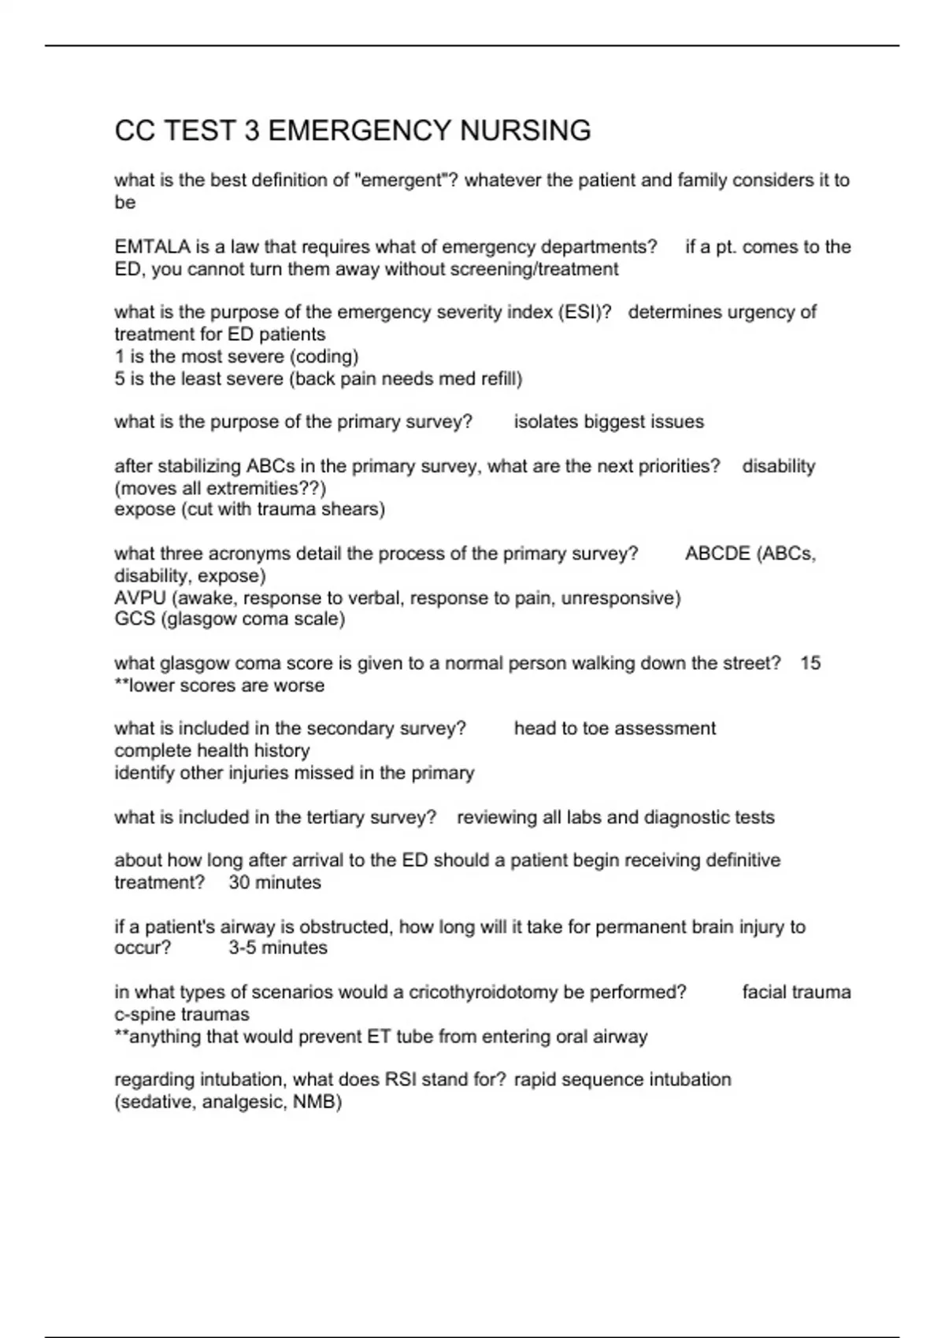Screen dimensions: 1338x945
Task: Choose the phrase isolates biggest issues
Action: coord(609,422)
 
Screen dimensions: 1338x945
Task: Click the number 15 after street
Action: coord(810,663)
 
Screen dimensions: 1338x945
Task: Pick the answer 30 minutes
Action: coord(275,883)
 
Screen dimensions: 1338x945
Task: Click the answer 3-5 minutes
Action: coord(278,948)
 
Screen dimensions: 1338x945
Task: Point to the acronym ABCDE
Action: coord(717,554)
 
